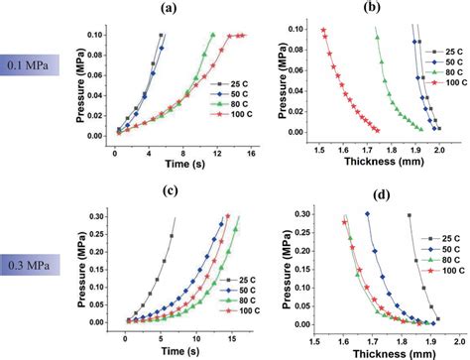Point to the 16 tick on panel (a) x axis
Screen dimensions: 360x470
click(x=252, y=153)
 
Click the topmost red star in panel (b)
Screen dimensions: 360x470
click(x=323, y=30)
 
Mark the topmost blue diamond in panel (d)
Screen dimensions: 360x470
click(x=368, y=214)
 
